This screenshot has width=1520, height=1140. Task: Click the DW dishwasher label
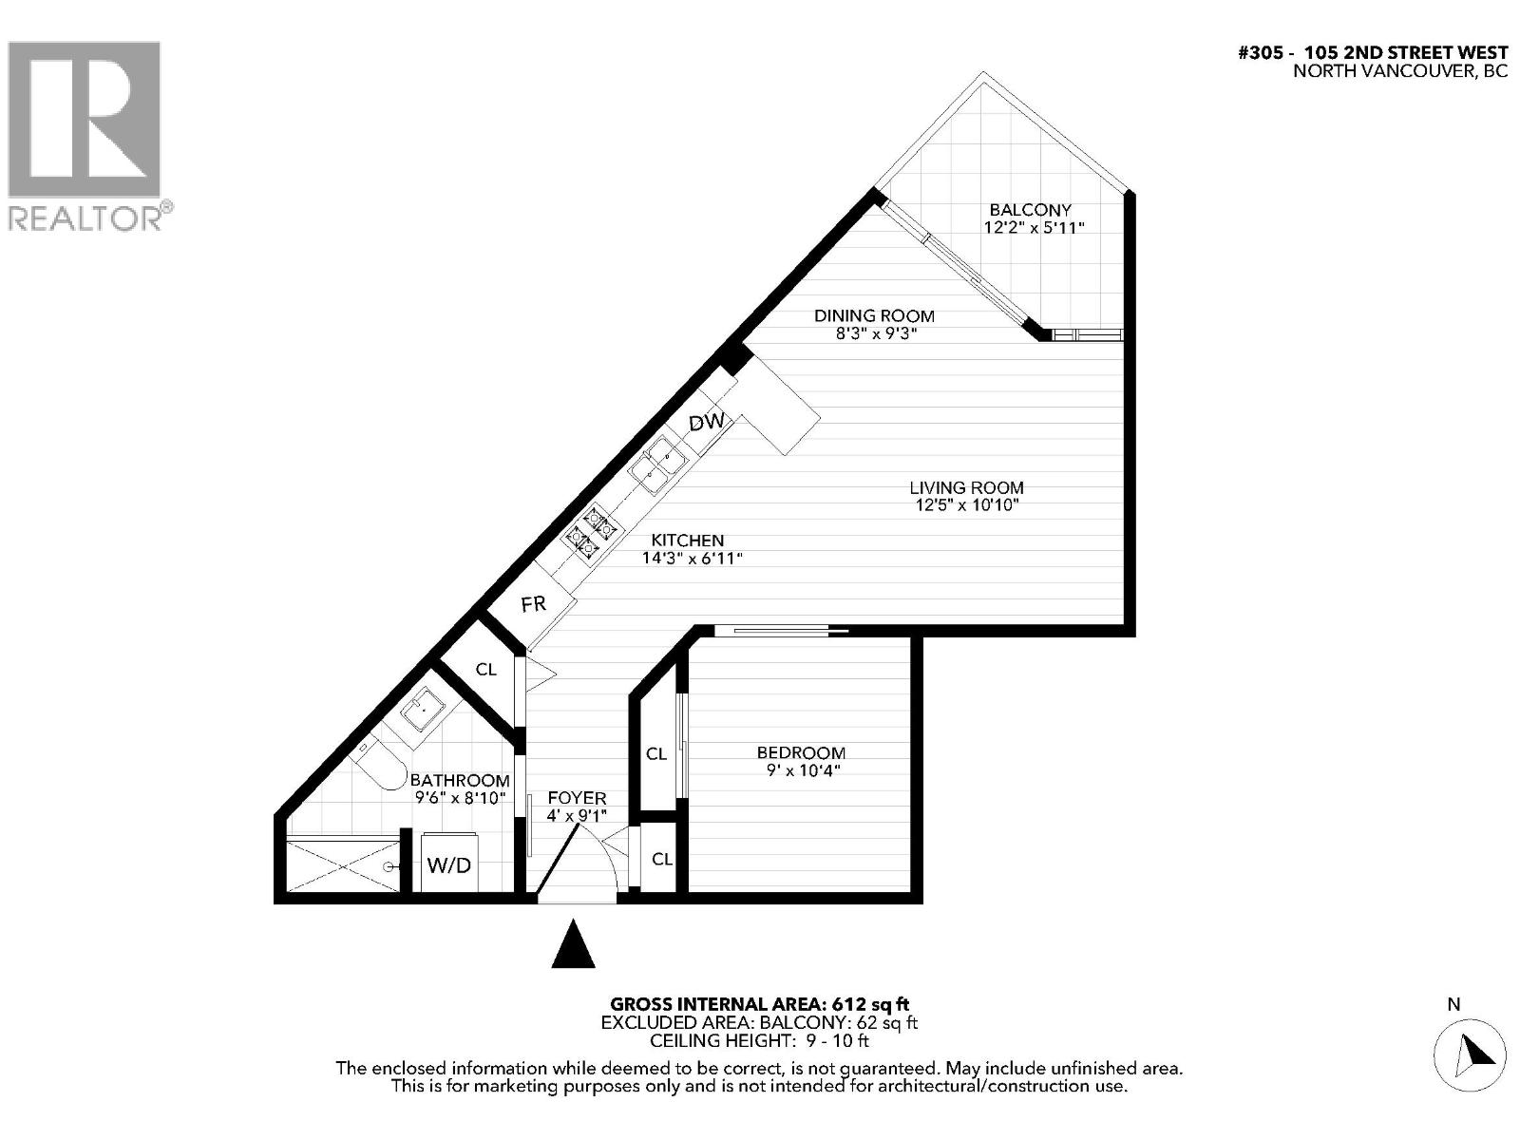pyautogui.click(x=707, y=423)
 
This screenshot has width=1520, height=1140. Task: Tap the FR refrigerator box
pyautogui.click(x=534, y=604)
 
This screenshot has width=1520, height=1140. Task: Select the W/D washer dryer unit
pyautogui.click(x=449, y=864)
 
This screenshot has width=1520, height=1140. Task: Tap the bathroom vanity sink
pyautogui.click(x=421, y=710)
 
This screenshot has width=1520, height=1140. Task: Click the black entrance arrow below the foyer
pyautogui.click(x=573, y=944)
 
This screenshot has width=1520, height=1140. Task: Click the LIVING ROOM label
pyautogui.click(x=966, y=487)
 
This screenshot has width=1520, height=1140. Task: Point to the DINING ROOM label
pyautogui.click(x=874, y=316)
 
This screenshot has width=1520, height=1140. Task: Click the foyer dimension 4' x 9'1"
pyautogui.click(x=577, y=816)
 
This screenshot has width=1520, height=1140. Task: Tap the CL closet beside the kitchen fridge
pyautogui.click(x=485, y=670)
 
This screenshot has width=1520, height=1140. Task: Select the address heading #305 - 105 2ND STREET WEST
pyautogui.click(x=1373, y=53)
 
